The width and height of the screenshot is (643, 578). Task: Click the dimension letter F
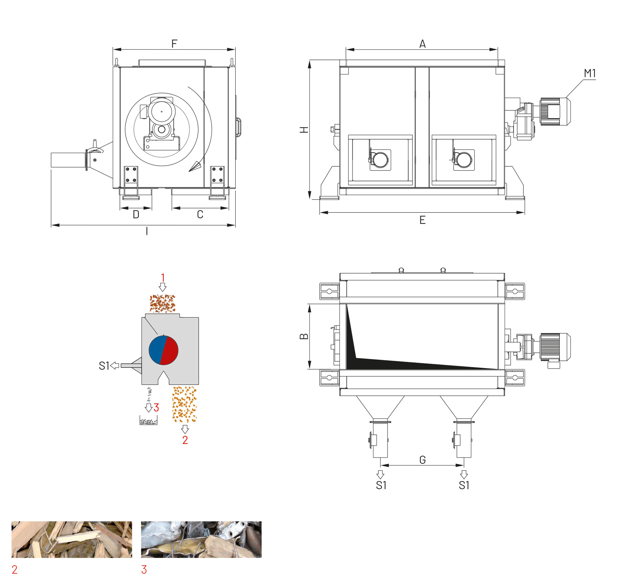coord(174,44)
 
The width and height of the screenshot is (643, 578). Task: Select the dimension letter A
coord(422,44)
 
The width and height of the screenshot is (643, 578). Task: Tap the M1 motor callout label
coord(590,73)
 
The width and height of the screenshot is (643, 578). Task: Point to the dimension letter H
coord(304,130)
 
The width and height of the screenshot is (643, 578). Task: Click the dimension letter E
coord(422,220)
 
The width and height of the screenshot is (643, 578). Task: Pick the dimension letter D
coord(136,214)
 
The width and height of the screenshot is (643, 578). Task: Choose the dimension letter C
coord(200,214)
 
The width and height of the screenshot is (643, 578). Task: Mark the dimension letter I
coord(147,231)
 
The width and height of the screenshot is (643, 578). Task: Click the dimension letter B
coord(304,337)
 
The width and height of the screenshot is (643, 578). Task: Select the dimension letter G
coord(422,460)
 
